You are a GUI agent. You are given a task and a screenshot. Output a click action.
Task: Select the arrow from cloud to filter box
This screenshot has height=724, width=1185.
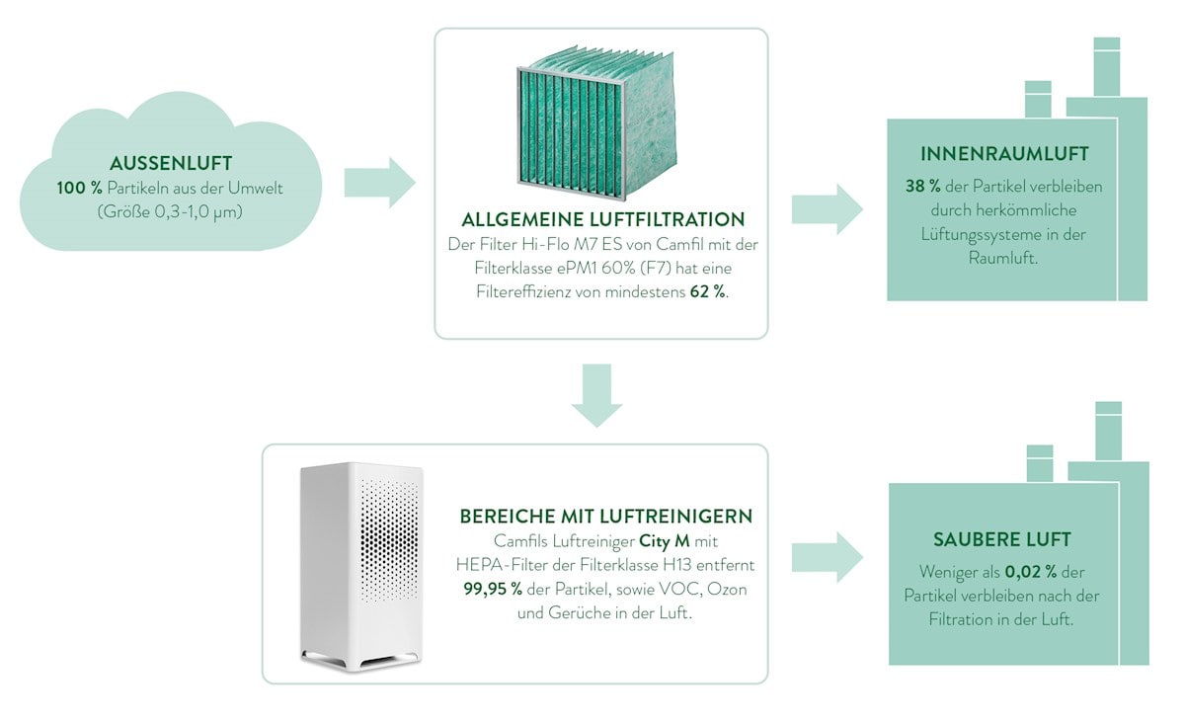[x=380, y=183]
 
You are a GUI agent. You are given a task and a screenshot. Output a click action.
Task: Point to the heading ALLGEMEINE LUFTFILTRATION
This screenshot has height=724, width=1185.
[x=602, y=219]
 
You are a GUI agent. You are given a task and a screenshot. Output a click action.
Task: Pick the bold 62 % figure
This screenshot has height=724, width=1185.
[x=707, y=292]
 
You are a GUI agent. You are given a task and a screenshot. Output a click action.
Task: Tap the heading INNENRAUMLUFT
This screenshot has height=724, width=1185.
[x=1004, y=155]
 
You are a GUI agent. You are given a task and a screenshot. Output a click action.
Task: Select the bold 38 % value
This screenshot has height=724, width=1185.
[x=922, y=186]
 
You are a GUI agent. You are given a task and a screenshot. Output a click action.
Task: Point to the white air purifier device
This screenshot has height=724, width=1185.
[x=361, y=565]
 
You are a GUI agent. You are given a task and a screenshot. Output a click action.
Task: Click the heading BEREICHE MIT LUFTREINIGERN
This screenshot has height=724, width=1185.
[x=606, y=517]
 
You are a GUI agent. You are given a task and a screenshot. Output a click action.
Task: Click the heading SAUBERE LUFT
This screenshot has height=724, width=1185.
[x=1001, y=540]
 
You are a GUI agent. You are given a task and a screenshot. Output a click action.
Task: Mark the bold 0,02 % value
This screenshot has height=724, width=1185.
[x=1032, y=571]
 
